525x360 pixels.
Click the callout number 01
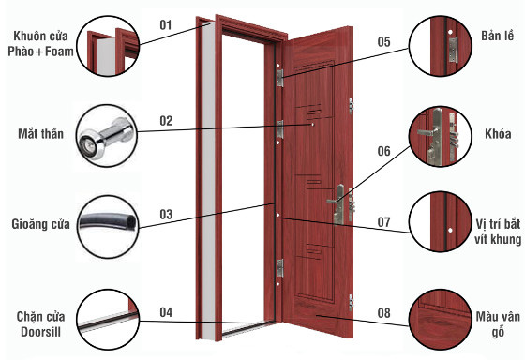[x=166, y=24]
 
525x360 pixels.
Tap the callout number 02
[x=166, y=121]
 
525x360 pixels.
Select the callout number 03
[x=166, y=215]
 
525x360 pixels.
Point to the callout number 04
[x=166, y=312]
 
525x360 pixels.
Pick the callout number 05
[x=384, y=42]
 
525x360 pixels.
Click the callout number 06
[x=384, y=151]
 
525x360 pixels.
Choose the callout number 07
[x=384, y=222]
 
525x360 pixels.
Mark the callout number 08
[x=384, y=313]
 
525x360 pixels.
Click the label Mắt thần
[x=40, y=133]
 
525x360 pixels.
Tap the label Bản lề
[x=498, y=36]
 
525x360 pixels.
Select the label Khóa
[x=498, y=134]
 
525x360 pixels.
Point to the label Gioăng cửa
[x=40, y=224]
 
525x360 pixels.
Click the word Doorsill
[x=40, y=332]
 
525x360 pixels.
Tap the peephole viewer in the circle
[x=106, y=137]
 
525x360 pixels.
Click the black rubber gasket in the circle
[x=108, y=222]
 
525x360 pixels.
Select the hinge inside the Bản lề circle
[x=453, y=50]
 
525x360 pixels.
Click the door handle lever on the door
[x=333, y=201]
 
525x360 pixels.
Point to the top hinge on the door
[x=280, y=78]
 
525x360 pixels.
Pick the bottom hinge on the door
[x=280, y=268]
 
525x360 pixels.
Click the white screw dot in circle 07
[x=450, y=230]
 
